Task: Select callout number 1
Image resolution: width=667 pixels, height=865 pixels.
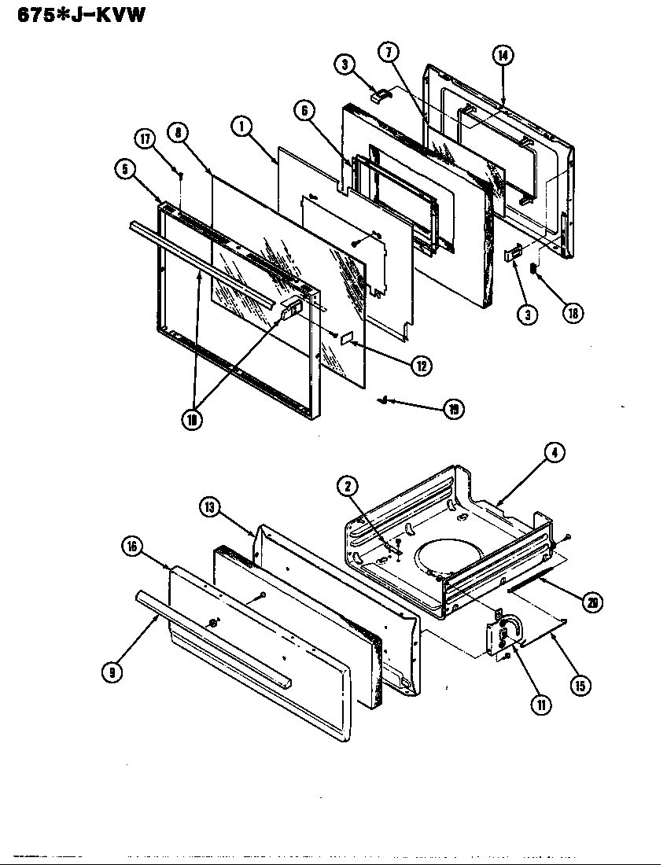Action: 242,125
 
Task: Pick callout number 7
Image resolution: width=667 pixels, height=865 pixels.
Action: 389,53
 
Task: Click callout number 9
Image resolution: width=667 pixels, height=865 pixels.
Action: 115,673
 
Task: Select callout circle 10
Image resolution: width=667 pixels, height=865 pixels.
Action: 191,419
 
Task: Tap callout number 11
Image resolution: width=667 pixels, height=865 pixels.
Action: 540,705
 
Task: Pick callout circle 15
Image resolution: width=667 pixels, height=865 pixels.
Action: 580,685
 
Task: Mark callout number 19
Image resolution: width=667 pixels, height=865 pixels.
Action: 454,408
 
